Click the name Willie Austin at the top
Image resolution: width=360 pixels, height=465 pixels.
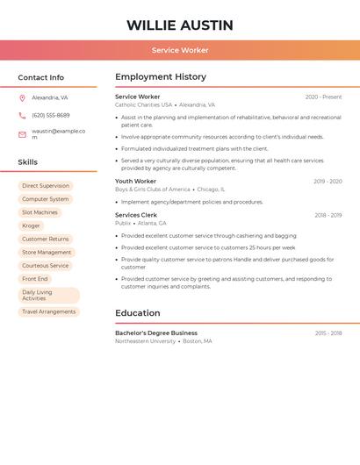[180, 25]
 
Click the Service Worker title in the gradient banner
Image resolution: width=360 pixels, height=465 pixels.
[180, 50]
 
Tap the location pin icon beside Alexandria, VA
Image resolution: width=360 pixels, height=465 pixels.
[22, 98]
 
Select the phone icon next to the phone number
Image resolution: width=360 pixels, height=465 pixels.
[22, 115]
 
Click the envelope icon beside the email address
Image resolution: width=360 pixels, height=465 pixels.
[22, 134]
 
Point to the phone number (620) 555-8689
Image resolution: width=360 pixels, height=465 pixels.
[51, 115]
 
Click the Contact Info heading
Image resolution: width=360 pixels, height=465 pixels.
[41, 77]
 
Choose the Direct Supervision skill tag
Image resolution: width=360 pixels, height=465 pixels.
[46, 186]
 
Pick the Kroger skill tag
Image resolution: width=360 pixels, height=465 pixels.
[32, 225]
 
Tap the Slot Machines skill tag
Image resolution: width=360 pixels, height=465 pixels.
[40, 212]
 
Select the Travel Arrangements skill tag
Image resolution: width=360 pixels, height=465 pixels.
[49, 311]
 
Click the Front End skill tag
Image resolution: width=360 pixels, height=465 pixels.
[35, 279]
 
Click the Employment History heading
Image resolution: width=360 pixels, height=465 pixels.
[161, 77]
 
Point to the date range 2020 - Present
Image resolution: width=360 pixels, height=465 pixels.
[323, 97]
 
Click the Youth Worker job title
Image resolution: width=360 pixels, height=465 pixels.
[135, 182]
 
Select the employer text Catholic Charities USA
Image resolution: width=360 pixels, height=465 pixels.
[143, 104]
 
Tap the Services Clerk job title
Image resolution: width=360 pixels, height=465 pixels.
[136, 215]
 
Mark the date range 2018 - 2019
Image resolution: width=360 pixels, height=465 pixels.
[328, 215]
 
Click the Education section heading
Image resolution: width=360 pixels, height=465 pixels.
[138, 313]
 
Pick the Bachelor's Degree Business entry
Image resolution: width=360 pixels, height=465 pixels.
[156, 333]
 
